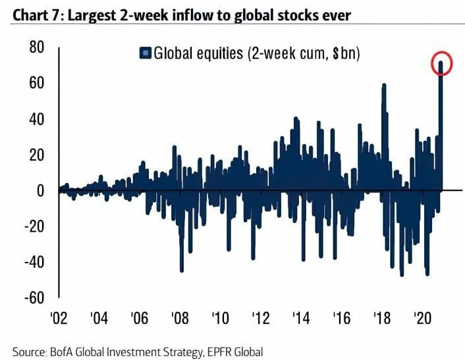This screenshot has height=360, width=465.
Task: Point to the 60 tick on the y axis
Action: [x=36, y=84]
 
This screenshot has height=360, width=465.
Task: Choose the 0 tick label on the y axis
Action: [x=40, y=191]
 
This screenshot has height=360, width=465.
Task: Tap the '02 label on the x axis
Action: [x=59, y=319]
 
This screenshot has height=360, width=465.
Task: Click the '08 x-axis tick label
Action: [x=179, y=319]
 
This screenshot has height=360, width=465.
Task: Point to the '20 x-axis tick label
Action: [x=422, y=319]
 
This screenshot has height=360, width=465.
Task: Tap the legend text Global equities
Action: [x=191, y=53]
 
